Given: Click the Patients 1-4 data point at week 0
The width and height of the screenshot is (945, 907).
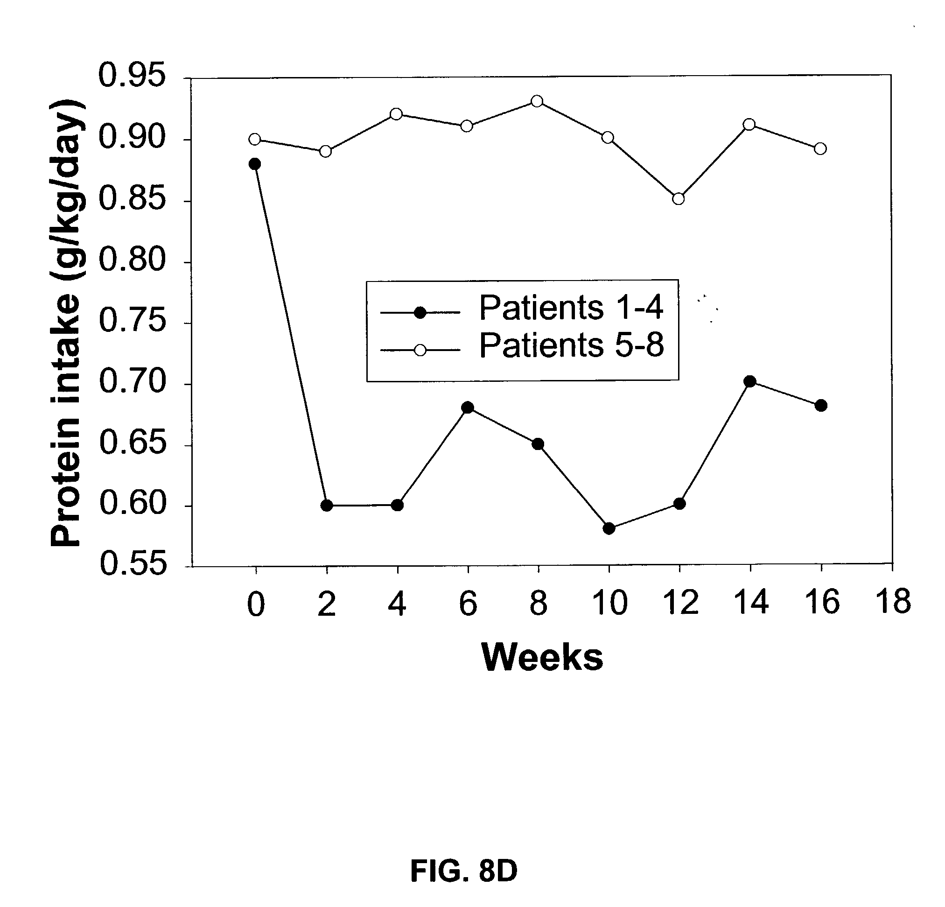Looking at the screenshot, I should (x=255, y=164).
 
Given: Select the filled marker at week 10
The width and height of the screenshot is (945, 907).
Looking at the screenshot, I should (x=609, y=528).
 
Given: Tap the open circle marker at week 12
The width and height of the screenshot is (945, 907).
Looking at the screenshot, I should (x=679, y=199).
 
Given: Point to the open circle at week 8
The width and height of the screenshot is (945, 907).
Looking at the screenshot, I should (x=537, y=101).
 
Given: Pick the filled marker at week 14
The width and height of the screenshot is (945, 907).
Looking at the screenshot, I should (x=750, y=382).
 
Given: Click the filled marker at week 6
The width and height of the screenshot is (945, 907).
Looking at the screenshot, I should (x=467, y=408).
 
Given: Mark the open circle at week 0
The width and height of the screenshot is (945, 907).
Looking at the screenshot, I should (x=255, y=140).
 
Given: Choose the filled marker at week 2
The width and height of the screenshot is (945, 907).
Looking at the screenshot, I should (x=326, y=506).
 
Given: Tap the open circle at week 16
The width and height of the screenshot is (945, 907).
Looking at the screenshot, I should (x=820, y=148).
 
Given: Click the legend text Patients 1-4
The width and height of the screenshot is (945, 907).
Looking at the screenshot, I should (x=571, y=308).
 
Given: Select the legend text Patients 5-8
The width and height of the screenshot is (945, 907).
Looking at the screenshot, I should (x=571, y=345).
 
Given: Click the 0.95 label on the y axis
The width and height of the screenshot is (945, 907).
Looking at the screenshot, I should (x=132, y=76).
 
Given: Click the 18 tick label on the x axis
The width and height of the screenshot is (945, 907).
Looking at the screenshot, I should (x=893, y=602).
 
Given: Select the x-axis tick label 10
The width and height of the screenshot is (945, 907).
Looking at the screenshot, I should (x=609, y=604).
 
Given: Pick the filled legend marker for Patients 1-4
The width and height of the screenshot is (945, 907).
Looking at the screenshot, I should (x=420, y=313).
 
